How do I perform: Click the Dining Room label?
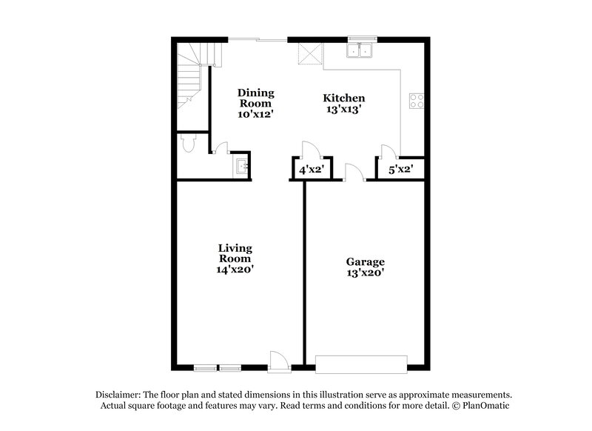[255, 103]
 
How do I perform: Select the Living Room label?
[235, 258]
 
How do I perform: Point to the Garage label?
[366, 267]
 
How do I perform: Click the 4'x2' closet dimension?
[310, 170]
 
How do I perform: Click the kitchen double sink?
[362, 51]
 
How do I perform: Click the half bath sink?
[240, 166]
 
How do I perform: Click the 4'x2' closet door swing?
[312, 150]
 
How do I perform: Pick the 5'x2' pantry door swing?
[385, 152]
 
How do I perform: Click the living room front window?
[218, 367]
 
